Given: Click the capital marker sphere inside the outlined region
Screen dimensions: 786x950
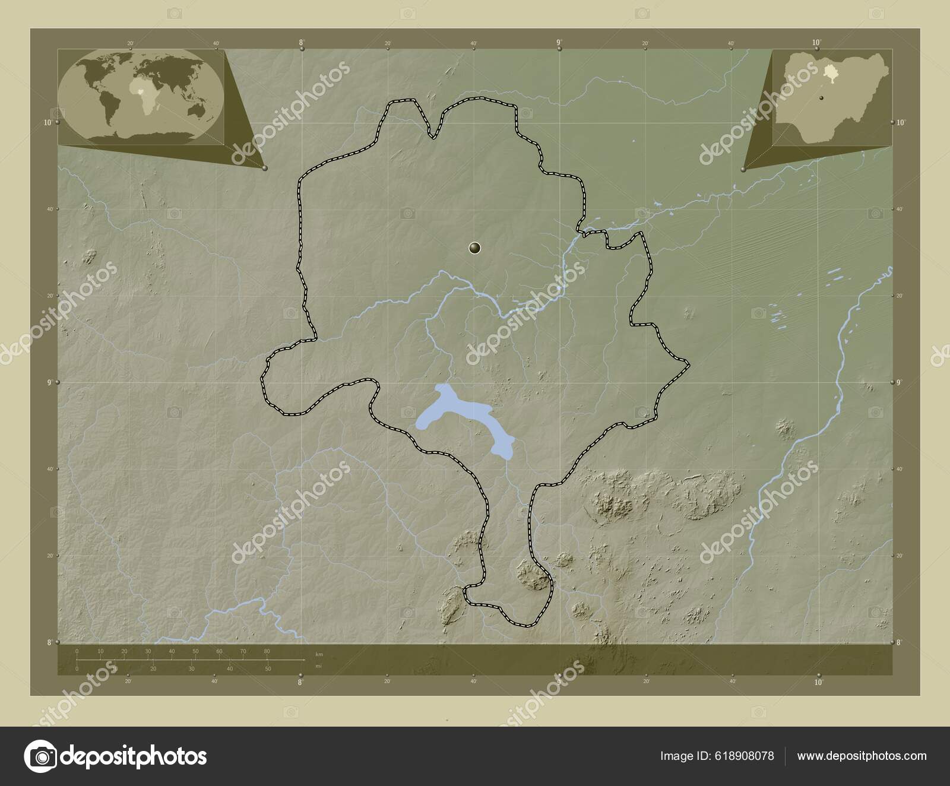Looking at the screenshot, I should (474, 248).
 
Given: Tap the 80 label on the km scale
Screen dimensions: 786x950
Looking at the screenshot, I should (267, 651).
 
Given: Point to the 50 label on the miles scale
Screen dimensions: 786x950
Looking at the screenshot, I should (268, 669).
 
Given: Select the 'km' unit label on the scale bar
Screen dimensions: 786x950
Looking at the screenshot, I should (319, 654).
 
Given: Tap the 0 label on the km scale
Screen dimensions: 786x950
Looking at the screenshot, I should (77, 651).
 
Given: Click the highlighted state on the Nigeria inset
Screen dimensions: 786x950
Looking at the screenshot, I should (829, 75).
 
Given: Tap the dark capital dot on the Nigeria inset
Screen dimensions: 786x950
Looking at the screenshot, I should (822, 97).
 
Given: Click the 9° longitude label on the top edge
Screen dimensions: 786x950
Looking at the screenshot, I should (559, 42).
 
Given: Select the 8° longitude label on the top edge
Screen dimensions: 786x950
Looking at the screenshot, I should (302, 42).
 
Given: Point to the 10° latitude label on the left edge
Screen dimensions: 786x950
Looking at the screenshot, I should (47, 122).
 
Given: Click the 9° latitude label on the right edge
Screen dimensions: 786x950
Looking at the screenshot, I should (900, 383).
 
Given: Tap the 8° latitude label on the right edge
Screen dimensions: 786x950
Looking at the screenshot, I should (900, 642).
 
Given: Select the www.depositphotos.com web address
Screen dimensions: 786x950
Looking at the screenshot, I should (862, 756).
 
